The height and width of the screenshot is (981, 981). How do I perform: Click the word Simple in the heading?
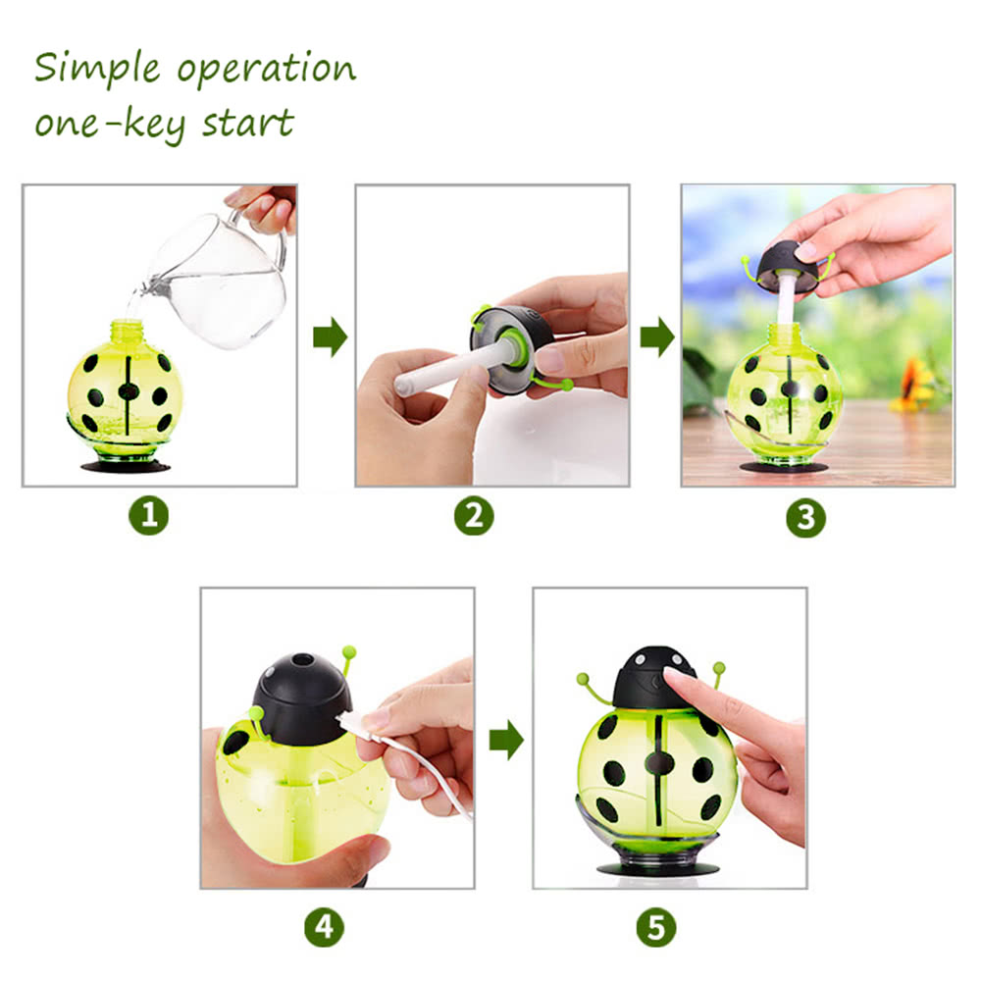97,69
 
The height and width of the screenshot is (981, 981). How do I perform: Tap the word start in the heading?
248,123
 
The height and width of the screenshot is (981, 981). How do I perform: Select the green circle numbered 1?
149,516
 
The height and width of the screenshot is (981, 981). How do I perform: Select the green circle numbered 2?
474,516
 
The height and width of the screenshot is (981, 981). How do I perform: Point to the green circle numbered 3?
805,517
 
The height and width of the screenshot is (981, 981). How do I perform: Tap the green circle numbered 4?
324,927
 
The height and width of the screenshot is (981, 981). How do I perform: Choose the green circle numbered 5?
656,927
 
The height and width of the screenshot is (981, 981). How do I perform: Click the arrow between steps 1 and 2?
330,337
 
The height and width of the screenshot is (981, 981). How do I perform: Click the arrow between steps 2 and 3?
657,337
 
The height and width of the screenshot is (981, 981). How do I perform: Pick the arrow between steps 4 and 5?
506,740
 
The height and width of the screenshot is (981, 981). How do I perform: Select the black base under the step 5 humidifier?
657,869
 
